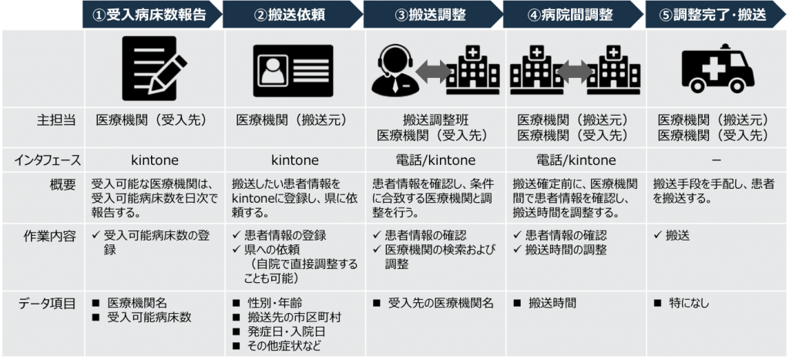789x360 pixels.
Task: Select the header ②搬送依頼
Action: pos(290,14)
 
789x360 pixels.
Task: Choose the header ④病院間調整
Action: pos(571,14)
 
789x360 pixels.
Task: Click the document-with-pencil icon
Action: pos(154,69)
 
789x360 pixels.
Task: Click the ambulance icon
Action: pos(718,69)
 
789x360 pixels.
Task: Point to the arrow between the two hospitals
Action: pos(573,72)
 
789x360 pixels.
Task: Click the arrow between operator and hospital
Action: pos(433,72)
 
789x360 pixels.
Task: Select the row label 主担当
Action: pos(59,121)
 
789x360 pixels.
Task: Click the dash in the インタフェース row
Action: pos(716,160)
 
